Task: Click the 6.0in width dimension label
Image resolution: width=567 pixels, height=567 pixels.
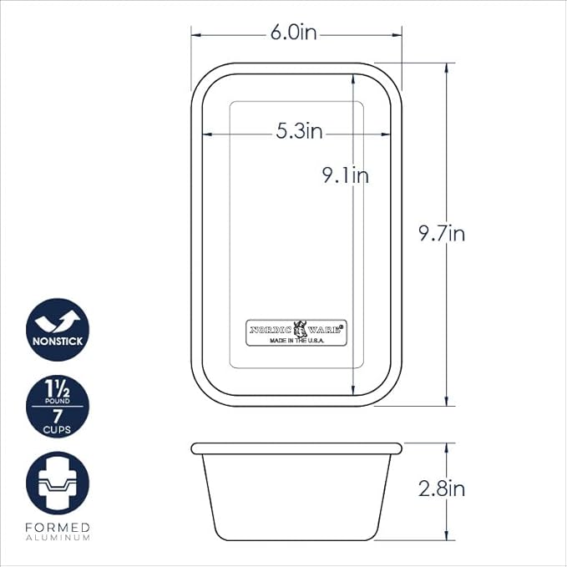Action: (294, 33)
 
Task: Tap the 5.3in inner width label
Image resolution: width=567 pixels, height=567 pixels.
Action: (299, 131)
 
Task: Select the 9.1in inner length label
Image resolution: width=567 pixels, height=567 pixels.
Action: (346, 175)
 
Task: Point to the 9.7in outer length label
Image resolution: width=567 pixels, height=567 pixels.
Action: (442, 233)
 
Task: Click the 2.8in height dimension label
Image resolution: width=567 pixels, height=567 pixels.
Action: (442, 489)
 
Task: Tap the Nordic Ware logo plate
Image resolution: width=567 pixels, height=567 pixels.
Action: (296, 332)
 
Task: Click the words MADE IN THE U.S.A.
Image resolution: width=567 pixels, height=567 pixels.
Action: (297, 341)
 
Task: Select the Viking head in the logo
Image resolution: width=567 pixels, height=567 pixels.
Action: (300, 329)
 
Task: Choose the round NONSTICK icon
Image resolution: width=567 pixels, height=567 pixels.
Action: (58, 329)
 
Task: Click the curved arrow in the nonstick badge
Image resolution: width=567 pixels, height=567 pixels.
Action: (58, 321)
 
